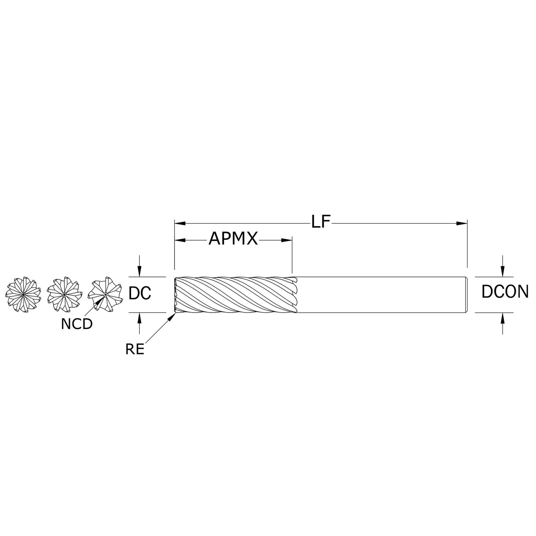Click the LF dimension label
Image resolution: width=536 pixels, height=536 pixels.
click(321, 222)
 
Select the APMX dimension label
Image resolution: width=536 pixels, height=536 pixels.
click(233, 239)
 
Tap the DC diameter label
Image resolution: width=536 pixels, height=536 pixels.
click(140, 293)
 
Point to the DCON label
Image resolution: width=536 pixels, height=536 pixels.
click(505, 292)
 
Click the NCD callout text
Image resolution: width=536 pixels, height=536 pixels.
click(77, 324)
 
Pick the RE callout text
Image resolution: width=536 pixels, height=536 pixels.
click(135, 349)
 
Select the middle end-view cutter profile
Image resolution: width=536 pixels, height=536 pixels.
click(64, 294)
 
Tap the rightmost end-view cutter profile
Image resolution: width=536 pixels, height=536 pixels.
click(105, 294)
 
